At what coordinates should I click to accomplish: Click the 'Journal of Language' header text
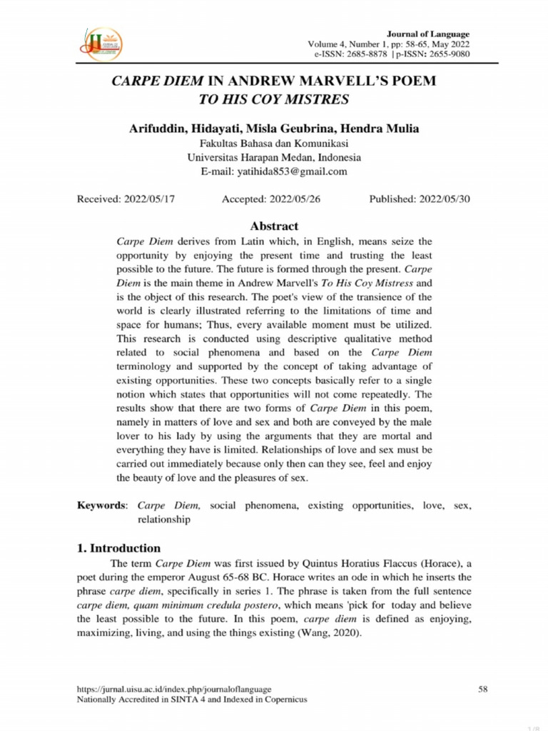(x=427, y=34)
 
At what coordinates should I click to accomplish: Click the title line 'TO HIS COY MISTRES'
(x=274, y=99)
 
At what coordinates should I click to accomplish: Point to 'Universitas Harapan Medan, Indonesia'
(x=274, y=157)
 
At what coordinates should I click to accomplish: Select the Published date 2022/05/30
(x=444, y=199)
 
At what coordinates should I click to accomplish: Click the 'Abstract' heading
(x=274, y=226)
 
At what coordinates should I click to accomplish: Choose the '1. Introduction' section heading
(x=118, y=548)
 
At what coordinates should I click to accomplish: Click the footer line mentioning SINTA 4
(x=191, y=700)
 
